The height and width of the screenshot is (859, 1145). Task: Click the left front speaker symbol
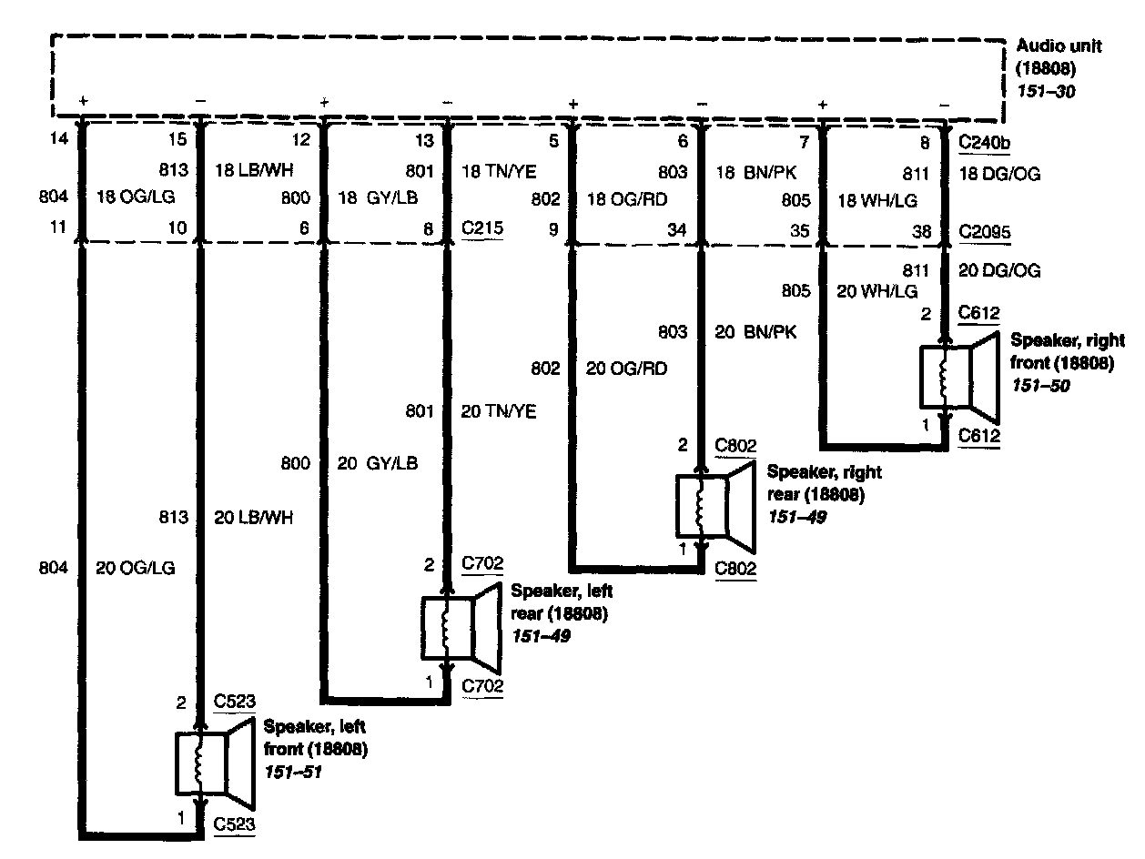(x=214, y=763)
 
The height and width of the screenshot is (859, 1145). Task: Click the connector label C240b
(x=987, y=141)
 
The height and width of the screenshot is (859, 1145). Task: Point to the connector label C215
(x=481, y=230)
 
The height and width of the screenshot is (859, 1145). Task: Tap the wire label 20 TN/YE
(x=499, y=412)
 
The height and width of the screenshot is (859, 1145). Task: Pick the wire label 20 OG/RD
(x=628, y=369)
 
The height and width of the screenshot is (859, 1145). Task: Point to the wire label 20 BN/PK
(x=755, y=332)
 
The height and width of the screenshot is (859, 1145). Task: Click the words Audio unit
(x=1059, y=45)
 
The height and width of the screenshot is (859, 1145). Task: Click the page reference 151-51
(x=293, y=772)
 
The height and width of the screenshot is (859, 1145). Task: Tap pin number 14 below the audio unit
(x=61, y=139)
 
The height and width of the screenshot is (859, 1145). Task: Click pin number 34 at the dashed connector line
(x=676, y=231)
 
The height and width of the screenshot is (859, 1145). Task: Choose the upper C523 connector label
(x=234, y=702)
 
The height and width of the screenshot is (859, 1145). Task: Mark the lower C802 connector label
(x=735, y=569)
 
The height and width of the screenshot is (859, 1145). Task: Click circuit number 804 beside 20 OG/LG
(x=54, y=568)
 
